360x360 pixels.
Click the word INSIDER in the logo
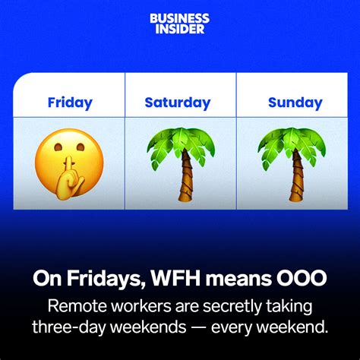pyautogui.click(x=179, y=28)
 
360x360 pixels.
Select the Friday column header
pyautogui.click(x=70, y=103)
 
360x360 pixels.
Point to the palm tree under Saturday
pyautogui.click(x=179, y=164)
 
